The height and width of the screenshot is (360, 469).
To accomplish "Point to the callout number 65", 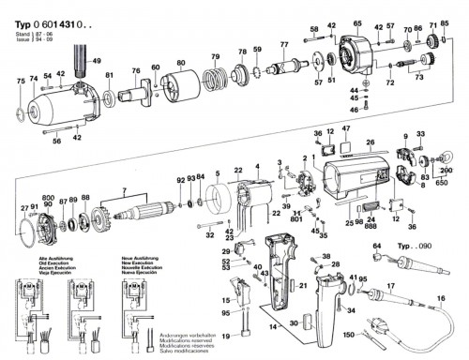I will pyautogui.click(x=356, y=22).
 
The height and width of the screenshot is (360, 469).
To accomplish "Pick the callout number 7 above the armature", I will pyautogui.click(x=122, y=193).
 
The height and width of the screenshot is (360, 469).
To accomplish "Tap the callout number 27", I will pyautogui.click(x=24, y=207).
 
